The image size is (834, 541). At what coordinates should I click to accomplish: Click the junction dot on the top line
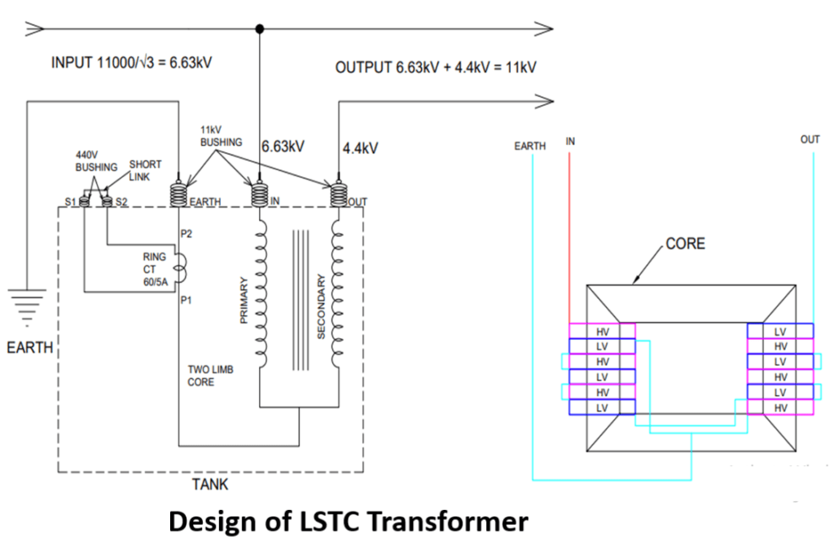[260, 29]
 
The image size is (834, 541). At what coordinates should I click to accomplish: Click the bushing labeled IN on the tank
[259, 195]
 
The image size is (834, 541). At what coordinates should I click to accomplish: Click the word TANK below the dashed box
[210, 485]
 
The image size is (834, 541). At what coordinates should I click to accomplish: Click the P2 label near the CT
[187, 234]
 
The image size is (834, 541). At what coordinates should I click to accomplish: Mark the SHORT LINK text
[144, 170]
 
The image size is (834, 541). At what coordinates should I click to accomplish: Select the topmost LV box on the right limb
[779, 331]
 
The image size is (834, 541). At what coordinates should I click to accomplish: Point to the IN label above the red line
[570, 141]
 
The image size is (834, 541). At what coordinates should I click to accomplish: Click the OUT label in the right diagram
[810, 140]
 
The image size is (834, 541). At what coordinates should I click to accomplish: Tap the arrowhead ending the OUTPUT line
[546, 101]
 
